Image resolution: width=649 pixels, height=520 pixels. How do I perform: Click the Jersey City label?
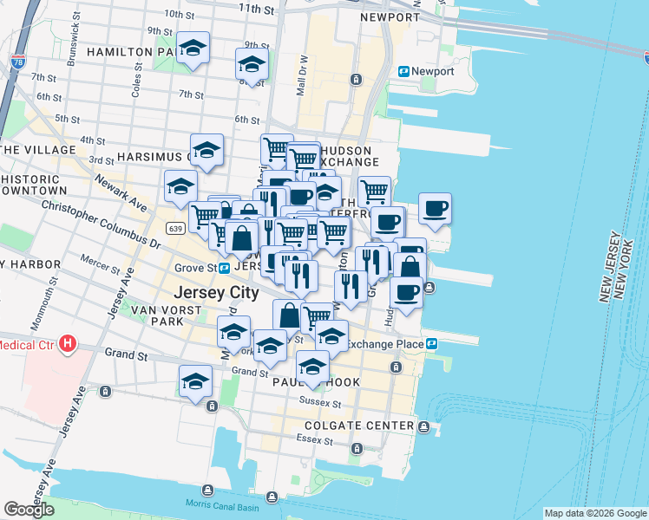click(216, 293)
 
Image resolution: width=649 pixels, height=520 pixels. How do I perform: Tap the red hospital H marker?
click(66, 345)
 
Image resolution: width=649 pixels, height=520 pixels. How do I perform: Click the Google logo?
click(29, 510)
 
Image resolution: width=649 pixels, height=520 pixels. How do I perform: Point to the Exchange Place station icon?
click(431, 344)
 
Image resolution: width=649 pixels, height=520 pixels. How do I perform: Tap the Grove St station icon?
click(223, 269)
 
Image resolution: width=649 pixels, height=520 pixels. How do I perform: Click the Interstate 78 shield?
click(19, 62)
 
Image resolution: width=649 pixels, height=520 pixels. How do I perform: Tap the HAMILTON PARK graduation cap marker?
click(193, 48)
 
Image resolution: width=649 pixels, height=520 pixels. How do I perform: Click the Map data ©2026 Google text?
click(594, 513)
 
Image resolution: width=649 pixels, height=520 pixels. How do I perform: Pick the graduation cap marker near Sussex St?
click(312, 367)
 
